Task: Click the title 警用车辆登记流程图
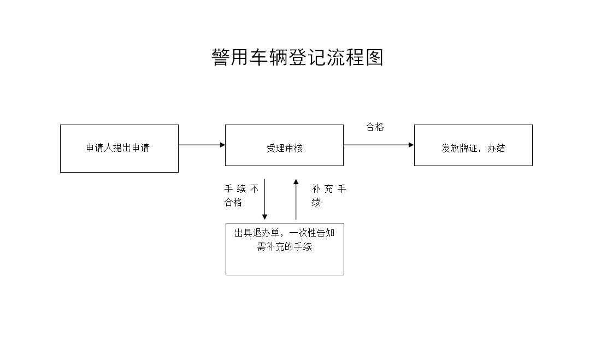[297, 57]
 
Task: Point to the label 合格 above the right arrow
[374, 127]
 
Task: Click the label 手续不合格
[241, 196]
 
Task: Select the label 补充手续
[329, 196]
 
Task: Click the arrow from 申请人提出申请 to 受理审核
[202, 145]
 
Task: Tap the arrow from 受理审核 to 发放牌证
[379, 145]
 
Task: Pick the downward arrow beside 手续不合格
[264, 199]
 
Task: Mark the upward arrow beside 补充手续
[296, 199]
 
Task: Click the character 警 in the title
[221, 57]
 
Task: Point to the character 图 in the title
[374, 57]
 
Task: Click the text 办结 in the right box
[496, 148]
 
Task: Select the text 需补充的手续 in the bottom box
[285, 246]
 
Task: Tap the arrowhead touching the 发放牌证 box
[411, 145]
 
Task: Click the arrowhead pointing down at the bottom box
[264, 217]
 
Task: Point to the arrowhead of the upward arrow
[296, 182]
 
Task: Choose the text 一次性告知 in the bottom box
[312, 233]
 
